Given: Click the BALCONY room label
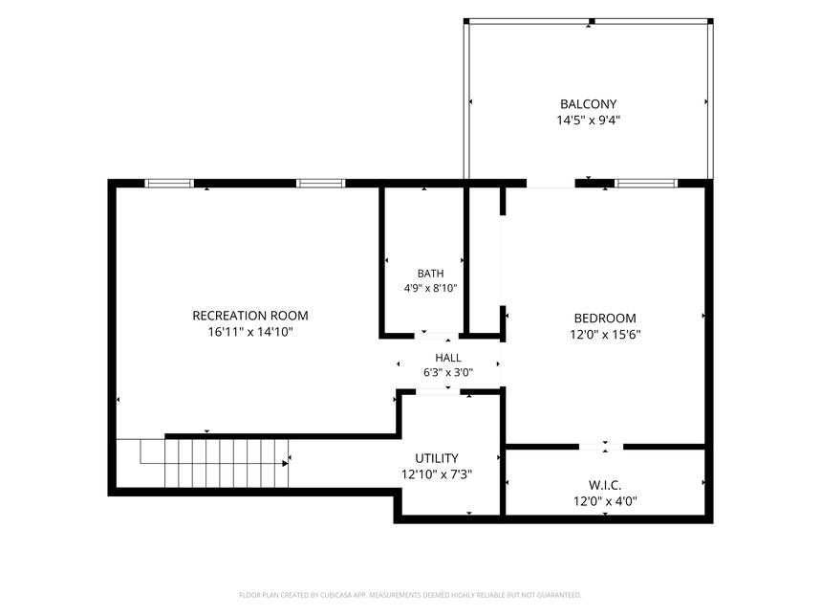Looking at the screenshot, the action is pos(588,103).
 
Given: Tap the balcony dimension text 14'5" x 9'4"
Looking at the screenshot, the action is pos(588,120).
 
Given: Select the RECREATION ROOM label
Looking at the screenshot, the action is pos(250,316).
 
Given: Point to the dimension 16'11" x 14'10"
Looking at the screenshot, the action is pos(250,332).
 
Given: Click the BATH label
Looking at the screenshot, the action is pos(430,273).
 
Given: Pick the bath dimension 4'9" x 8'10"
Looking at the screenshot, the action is pos(430,288).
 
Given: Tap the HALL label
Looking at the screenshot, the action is pos(448,357).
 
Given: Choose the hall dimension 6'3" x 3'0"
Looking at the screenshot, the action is pos(448,372).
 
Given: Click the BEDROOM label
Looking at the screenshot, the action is pos(605,318).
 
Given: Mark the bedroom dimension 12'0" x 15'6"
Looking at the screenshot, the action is pos(605,334).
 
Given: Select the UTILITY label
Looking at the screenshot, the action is pos(437,458).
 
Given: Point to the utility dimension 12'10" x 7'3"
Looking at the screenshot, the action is pos(437,474).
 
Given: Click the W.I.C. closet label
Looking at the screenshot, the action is pos(605,485).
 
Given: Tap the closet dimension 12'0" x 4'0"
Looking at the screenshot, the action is pos(605,501).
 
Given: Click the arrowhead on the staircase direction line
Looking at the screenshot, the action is pos(286,464).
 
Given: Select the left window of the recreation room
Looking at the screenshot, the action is pos(168,184).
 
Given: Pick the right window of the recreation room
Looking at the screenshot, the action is pos(320,184).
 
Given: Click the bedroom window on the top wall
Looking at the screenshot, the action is pos(645,184).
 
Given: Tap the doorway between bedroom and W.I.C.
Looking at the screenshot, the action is pos(601,447).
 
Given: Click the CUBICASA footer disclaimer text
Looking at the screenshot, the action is pos(410,595).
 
